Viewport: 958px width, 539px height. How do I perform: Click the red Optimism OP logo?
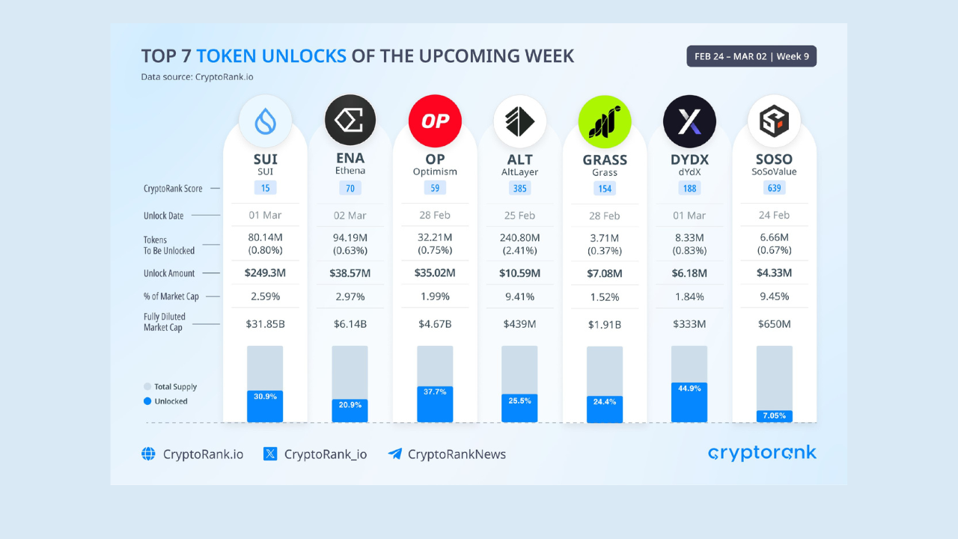(x=435, y=121)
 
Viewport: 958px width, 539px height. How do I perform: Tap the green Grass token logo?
(x=604, y=122)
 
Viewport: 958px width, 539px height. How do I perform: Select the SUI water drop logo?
(x=265, y=121)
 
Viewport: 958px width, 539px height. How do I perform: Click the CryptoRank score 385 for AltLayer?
(x=519, y=188)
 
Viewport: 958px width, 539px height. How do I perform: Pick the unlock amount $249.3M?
(x=265, y=273)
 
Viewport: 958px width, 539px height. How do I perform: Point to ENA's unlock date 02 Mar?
(x=350, y=215)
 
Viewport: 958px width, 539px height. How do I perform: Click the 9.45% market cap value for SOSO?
(x=774, y=296)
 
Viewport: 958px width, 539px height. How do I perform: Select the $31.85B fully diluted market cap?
(x=265, y=324)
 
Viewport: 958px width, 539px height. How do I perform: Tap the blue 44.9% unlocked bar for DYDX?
(x=689, y=403)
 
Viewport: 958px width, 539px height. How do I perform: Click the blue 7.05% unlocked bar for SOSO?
(x=774, y=416)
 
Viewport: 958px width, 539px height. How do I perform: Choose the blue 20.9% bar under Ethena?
(x=350, y=411)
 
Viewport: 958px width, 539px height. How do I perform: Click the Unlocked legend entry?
(x=165, y=401)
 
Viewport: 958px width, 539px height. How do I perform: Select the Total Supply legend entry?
(x=170, y=387)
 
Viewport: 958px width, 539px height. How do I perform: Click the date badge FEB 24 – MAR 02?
(x=751, y=56)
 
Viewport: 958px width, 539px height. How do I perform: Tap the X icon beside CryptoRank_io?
(x=270, y=454)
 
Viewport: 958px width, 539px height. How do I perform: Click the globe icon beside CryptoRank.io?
(x=148, y=454)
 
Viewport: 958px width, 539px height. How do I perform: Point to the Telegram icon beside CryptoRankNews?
(x=394, y=454)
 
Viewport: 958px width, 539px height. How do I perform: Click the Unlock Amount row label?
(x=169, y=273)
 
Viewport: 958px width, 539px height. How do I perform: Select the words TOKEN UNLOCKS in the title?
(x=271, y=56)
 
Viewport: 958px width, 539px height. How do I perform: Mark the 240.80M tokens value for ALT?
(x=519, y=237)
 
